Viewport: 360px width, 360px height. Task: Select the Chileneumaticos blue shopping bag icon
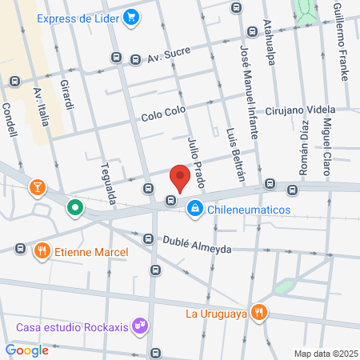pyautogui.click(x=194, y=210)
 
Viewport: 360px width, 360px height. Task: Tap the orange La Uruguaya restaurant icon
pyautogui.click(x=258, y=312)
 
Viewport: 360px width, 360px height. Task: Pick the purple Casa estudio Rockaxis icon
pyautogui.click(x=141, y=326)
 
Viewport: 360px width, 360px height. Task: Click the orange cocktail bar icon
pyautogui.click(x=37, y=189)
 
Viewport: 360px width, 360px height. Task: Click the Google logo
pyautogui.click(x=26, y=350)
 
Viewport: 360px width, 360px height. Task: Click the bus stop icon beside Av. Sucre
pyautogui.click(x=117, y=58)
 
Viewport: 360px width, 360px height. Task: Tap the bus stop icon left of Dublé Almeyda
pyautogui.click(x=148, y=238)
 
